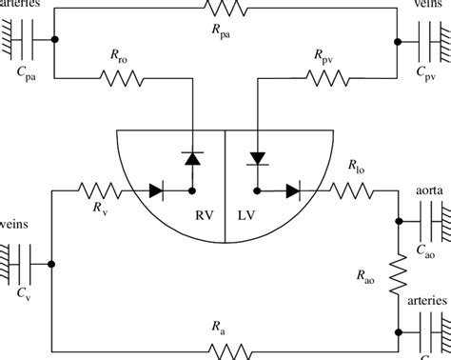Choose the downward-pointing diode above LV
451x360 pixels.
(257, 155)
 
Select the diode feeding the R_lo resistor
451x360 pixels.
(291, 191)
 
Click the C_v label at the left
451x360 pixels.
(22, 297)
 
